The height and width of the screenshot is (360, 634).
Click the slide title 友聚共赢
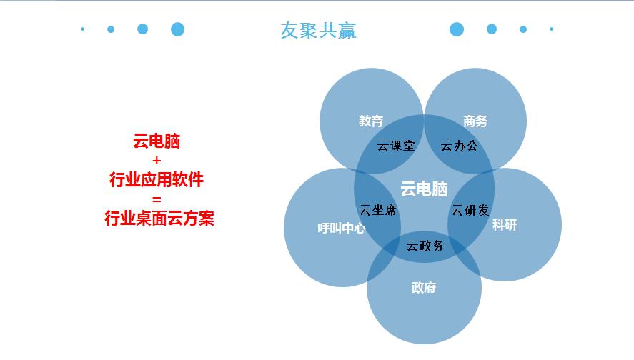click(318, 30)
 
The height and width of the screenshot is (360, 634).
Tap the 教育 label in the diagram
click(371, 121)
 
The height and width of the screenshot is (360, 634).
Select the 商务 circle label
click(475, 121)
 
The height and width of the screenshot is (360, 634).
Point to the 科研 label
click(505, 225)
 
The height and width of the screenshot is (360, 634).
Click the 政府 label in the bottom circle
click(424, 287)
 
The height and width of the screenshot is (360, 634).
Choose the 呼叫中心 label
click(342, 229)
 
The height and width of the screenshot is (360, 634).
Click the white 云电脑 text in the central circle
click(424, 189)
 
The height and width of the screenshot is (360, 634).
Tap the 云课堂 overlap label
click(396, 146)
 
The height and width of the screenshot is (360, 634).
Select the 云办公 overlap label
click(460, 146)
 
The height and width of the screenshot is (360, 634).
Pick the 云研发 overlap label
click(470, 210)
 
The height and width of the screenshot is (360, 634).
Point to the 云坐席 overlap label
click(377, 210)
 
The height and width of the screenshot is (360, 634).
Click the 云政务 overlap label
click(425, 245)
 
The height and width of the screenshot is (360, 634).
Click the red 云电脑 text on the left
click(157, 141)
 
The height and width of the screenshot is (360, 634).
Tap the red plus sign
click(157, 161)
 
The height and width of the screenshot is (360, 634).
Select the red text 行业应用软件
click(157, 179)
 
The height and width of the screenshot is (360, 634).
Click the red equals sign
click(157, 199)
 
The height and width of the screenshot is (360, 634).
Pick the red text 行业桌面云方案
click(159, 218)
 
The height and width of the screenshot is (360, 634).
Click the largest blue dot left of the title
click(177, 29)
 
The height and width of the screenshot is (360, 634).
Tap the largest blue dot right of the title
click(457, 29)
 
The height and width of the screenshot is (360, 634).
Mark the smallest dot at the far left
click(83, 29)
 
